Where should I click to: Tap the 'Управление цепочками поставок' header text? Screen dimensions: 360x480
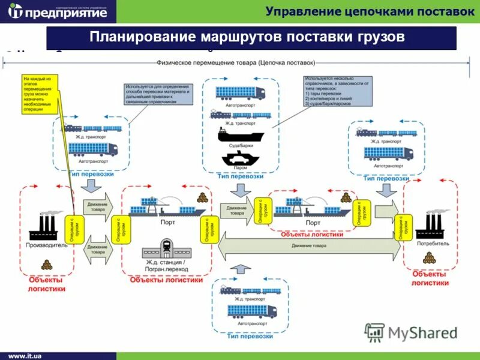pos(370,11)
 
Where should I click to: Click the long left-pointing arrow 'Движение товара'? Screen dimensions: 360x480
pos(309,245)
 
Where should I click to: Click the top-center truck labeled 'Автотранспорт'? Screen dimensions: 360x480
pos(240,93)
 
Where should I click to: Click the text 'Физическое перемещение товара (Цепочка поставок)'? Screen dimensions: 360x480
pos(235,62)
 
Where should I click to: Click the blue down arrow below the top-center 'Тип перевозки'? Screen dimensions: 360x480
pos(240,190)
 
